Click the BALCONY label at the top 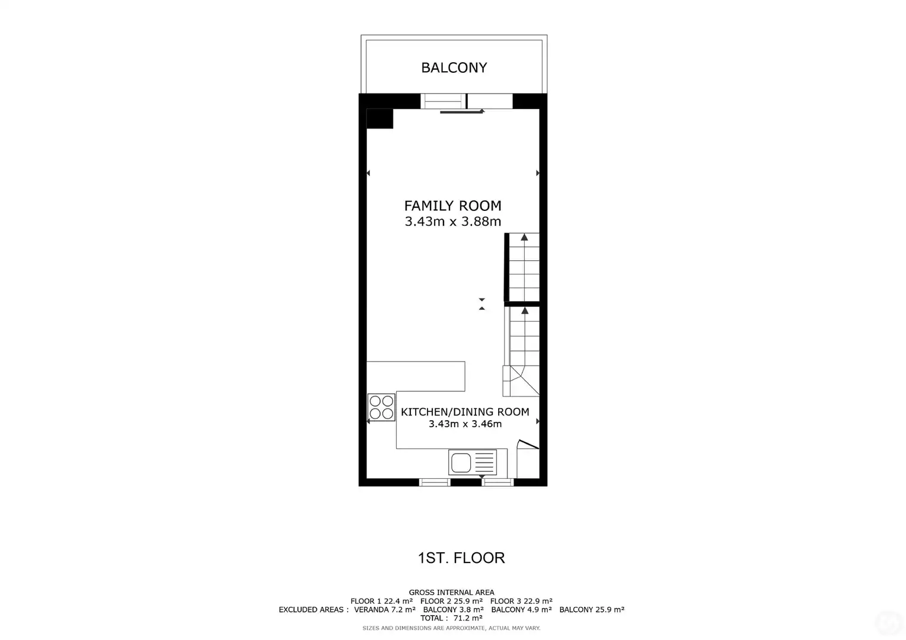(x=454, y=68)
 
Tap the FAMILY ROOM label (x=452, y=206)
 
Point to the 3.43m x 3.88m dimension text (x=452, y=222)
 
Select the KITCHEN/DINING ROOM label (x=465, y=412)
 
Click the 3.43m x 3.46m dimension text (x=465, y=424)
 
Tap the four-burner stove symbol (x=381, y=407)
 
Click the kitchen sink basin (x=461, y=463)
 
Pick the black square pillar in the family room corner (x=379, y=119)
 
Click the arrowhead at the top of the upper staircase (x=524, y=237)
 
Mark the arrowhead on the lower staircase (x=525, y=311)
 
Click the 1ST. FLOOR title (x=461, y=558)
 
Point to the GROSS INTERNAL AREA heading (x=451, y=592)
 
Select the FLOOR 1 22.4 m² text (x=381, y=601)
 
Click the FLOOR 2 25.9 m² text (x=451, y=601)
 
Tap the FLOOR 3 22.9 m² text (x=521, y=601)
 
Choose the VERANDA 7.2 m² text (x=385, y=610)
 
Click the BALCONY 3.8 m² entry (x=454, y=610)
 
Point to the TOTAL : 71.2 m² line (x=451, y=618)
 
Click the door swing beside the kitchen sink (x=528, y=444)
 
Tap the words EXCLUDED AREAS (x=311, y=610)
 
